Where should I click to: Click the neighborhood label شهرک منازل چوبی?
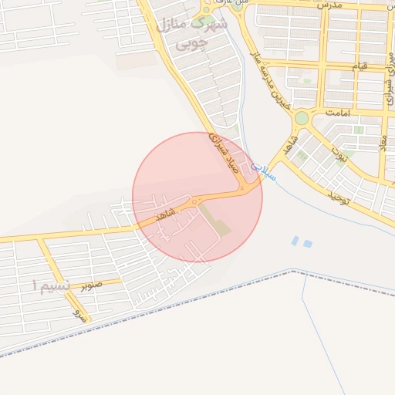[x=193, y=35]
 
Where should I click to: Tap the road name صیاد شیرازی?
[x=221, y=151]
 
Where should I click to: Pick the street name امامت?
[x=338, y=113]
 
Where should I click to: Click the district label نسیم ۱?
[x=51, y=286]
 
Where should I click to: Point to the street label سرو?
[x=77, y=313]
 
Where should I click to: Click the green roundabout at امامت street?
[x=301, y=118]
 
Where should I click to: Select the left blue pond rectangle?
[x=295, y=241]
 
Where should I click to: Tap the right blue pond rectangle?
[x=308, y=244]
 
